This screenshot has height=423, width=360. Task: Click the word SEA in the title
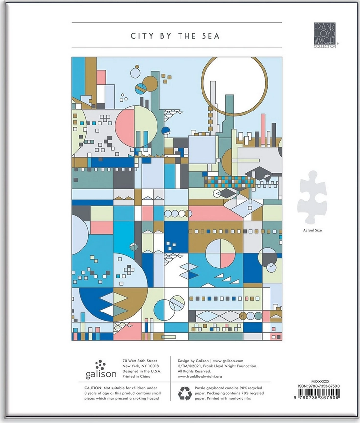coord(211,36)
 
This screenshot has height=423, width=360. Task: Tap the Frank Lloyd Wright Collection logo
coord(325,35)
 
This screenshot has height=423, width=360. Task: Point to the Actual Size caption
coord(313,230)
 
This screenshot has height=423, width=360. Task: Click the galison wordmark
coord(101,374)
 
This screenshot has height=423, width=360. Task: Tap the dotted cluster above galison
coord(100,364)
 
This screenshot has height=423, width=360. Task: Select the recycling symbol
coord(184,393)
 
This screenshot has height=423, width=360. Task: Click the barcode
coord(316,394)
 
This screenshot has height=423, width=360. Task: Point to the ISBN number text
coord(319,386)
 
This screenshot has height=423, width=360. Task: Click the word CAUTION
coord(93,388)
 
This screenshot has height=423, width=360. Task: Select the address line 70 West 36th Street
coord(139,361)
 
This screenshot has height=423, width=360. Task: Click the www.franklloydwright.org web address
coord(200,377)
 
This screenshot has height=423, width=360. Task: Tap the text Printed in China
coord(136,376)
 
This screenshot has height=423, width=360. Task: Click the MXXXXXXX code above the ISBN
coord(320,382)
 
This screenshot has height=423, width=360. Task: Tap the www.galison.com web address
coord(228,361)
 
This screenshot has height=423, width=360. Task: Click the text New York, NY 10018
coord(140,366)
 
